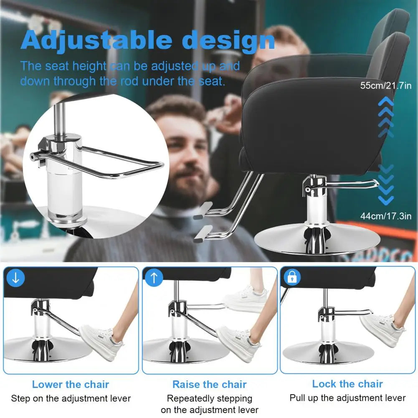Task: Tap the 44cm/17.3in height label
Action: point(386,216)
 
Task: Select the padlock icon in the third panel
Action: point(292,278)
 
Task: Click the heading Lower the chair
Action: point(71,385)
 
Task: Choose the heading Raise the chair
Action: point(210,385)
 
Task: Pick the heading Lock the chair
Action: point(347,384)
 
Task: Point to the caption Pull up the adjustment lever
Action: point(347,398)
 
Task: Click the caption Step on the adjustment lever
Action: point(71,398)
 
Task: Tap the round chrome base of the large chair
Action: point(317,240)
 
